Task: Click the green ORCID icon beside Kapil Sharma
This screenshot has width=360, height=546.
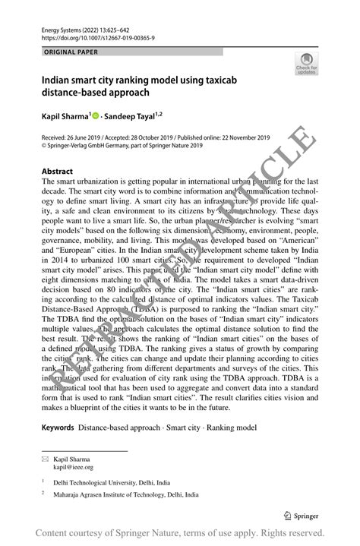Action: click(x=96, y=117)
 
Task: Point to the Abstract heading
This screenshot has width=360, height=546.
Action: click(x=58, y=172)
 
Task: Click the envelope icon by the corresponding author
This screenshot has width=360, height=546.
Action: click(x=46, y=459)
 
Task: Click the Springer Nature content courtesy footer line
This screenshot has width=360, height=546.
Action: click(x=180, y=532)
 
